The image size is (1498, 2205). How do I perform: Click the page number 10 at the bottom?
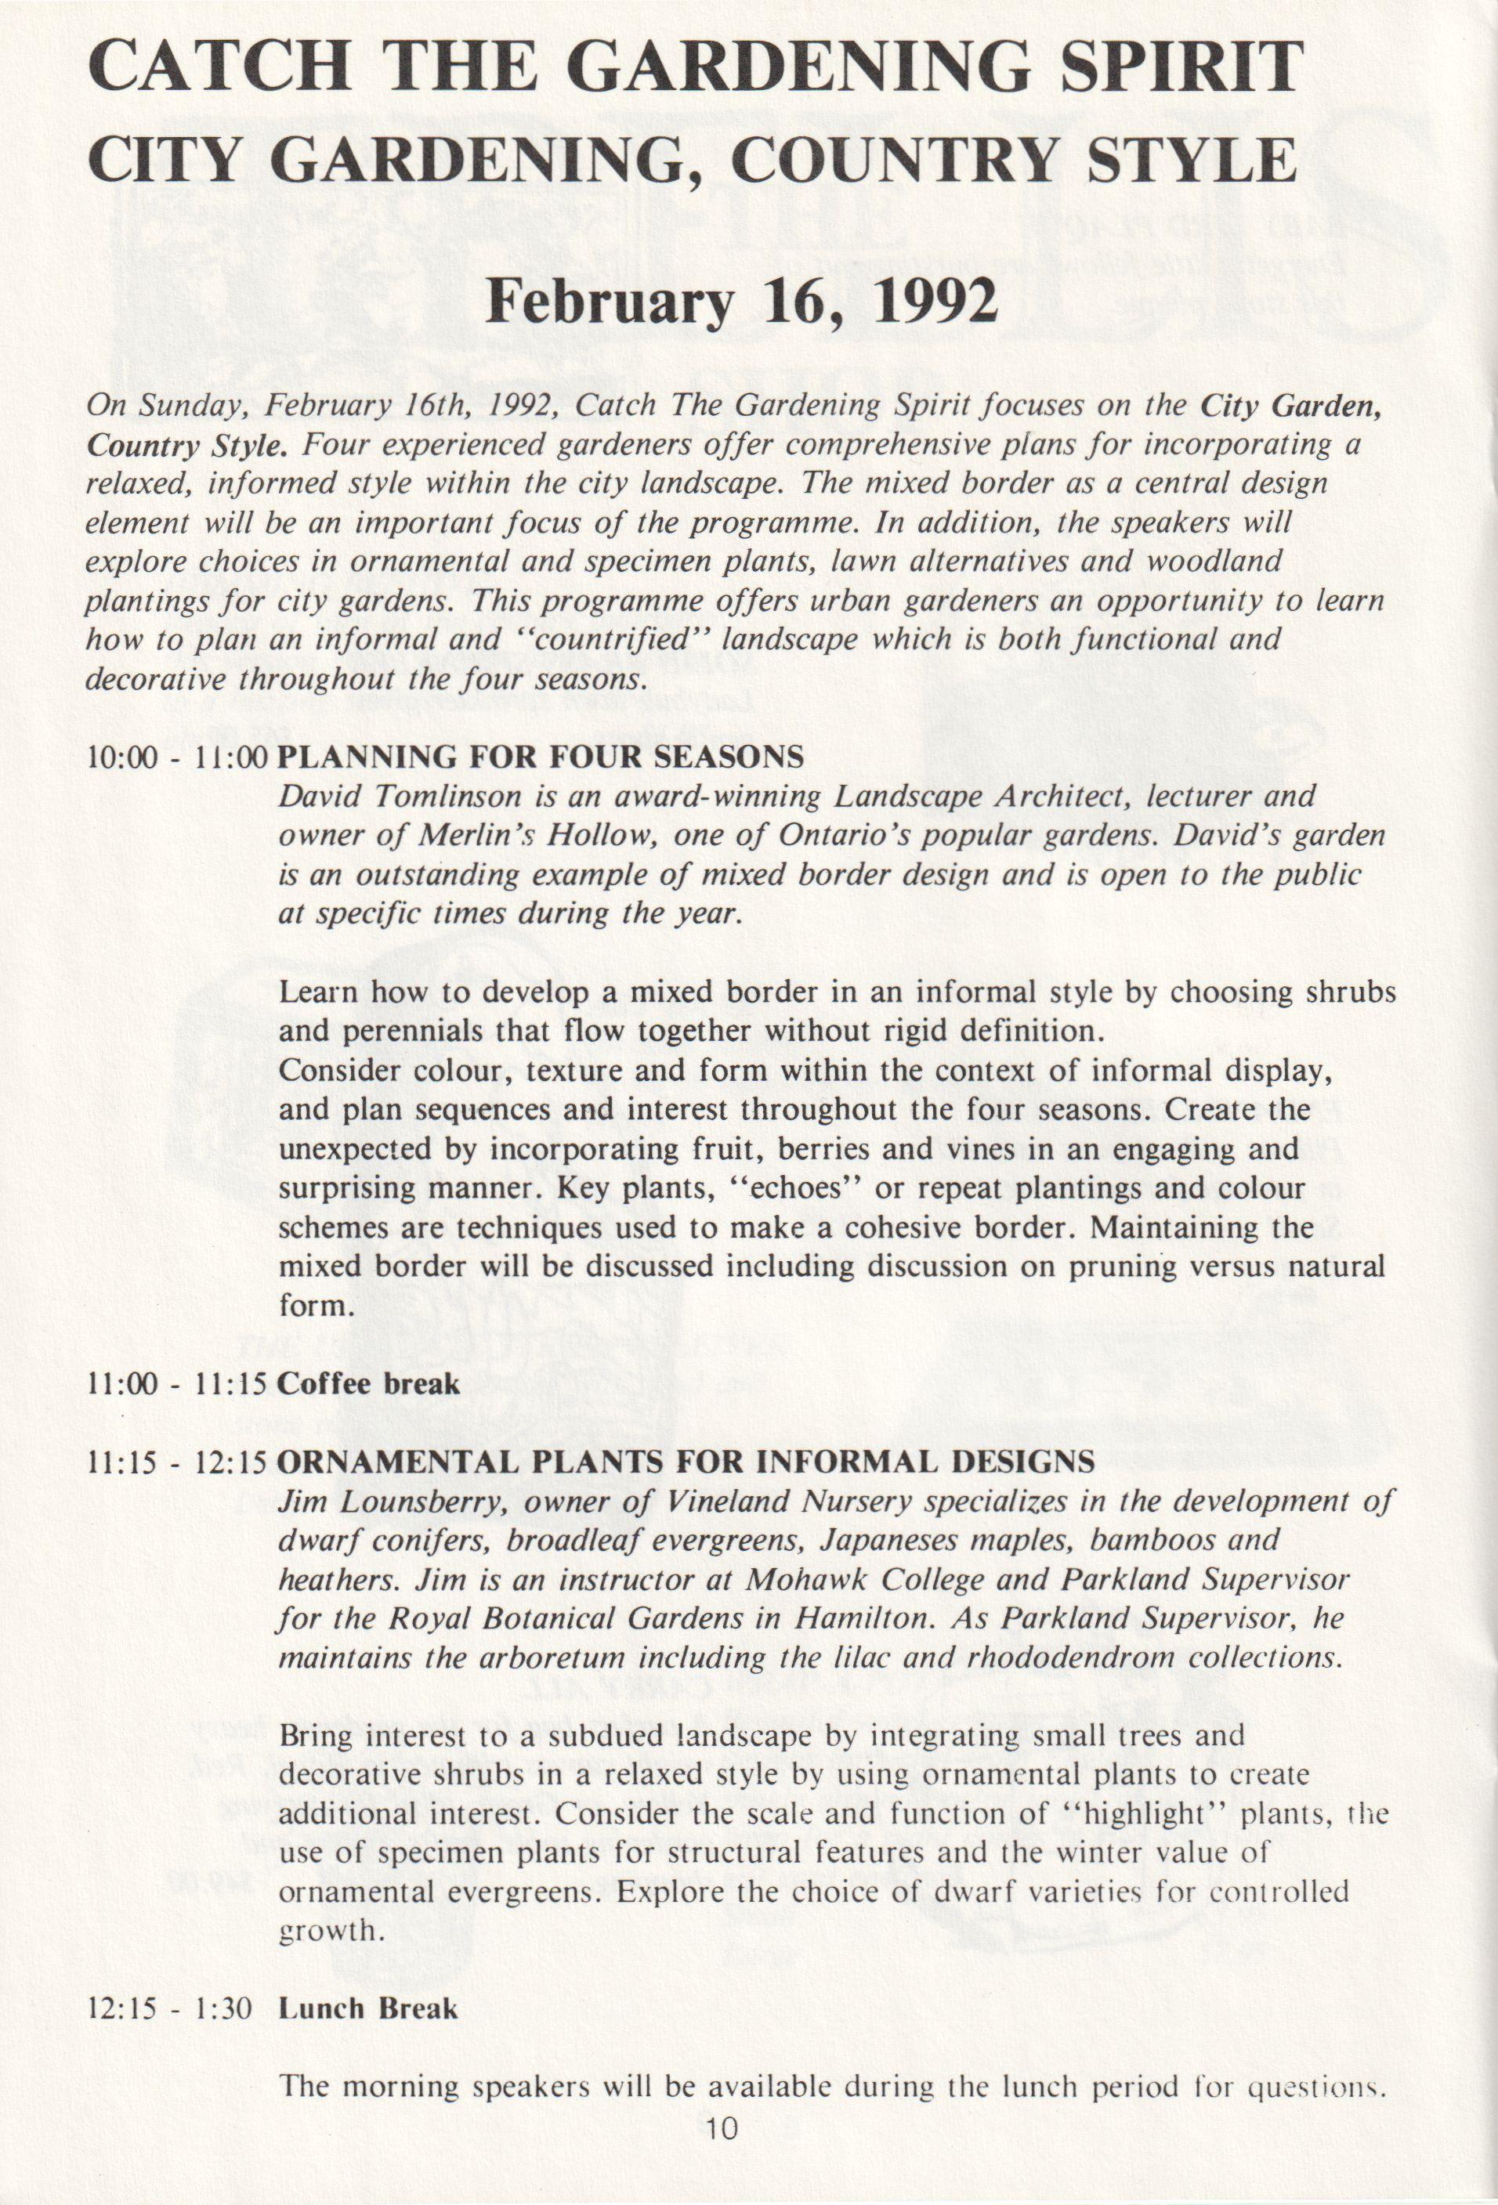pos(721,2156)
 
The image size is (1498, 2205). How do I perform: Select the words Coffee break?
pos(368,1383)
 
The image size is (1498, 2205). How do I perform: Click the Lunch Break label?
pos(368,2008)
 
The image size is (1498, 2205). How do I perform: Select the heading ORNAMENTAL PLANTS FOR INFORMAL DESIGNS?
pos(686,1461)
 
